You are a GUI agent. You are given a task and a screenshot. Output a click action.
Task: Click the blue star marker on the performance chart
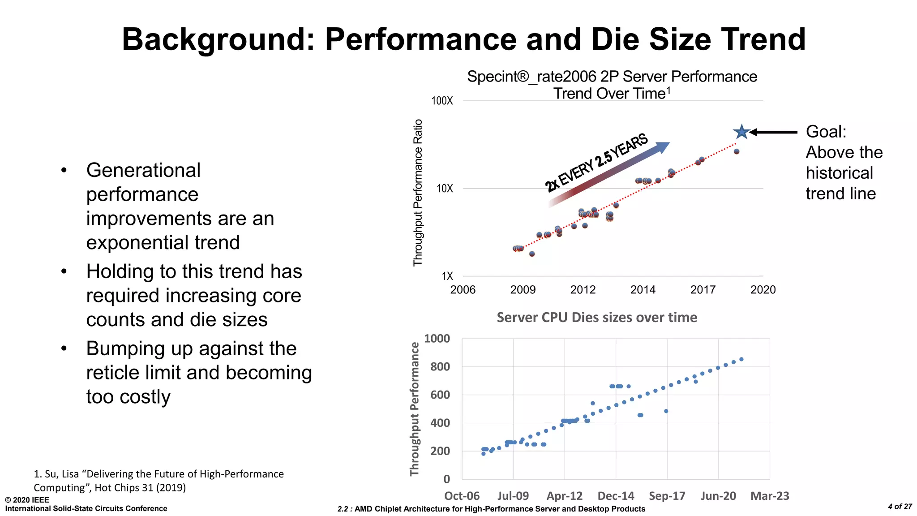click(741, 132)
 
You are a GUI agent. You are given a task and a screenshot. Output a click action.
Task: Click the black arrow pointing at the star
click(774, 132)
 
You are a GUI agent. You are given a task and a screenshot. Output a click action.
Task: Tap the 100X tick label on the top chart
click(442, 101)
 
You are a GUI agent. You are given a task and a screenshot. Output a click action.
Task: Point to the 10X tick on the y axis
click(445, 189)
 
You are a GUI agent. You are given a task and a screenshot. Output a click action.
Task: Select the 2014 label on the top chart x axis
click(643, 290)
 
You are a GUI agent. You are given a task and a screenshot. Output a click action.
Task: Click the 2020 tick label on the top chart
click(763, 290)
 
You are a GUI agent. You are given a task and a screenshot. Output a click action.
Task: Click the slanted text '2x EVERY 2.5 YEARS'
click(596, 163)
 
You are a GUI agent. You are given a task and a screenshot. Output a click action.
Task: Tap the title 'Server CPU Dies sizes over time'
click(596, 317)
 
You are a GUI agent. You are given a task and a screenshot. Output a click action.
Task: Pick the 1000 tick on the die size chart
click(437, 339)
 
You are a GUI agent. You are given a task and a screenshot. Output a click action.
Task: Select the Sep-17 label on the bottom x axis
click(667, 496)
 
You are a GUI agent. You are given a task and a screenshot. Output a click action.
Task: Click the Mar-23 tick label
click(769, 496)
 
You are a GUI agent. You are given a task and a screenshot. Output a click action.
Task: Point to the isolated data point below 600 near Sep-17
click(666, 411)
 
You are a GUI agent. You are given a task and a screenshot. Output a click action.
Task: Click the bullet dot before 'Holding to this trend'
click(64, 271)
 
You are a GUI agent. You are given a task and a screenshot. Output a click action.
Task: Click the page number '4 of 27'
click(900, 507)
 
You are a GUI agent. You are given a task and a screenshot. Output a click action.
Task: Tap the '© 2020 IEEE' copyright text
click(27, 500)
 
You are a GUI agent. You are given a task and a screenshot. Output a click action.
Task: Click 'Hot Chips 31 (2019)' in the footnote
click(140, 487)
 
